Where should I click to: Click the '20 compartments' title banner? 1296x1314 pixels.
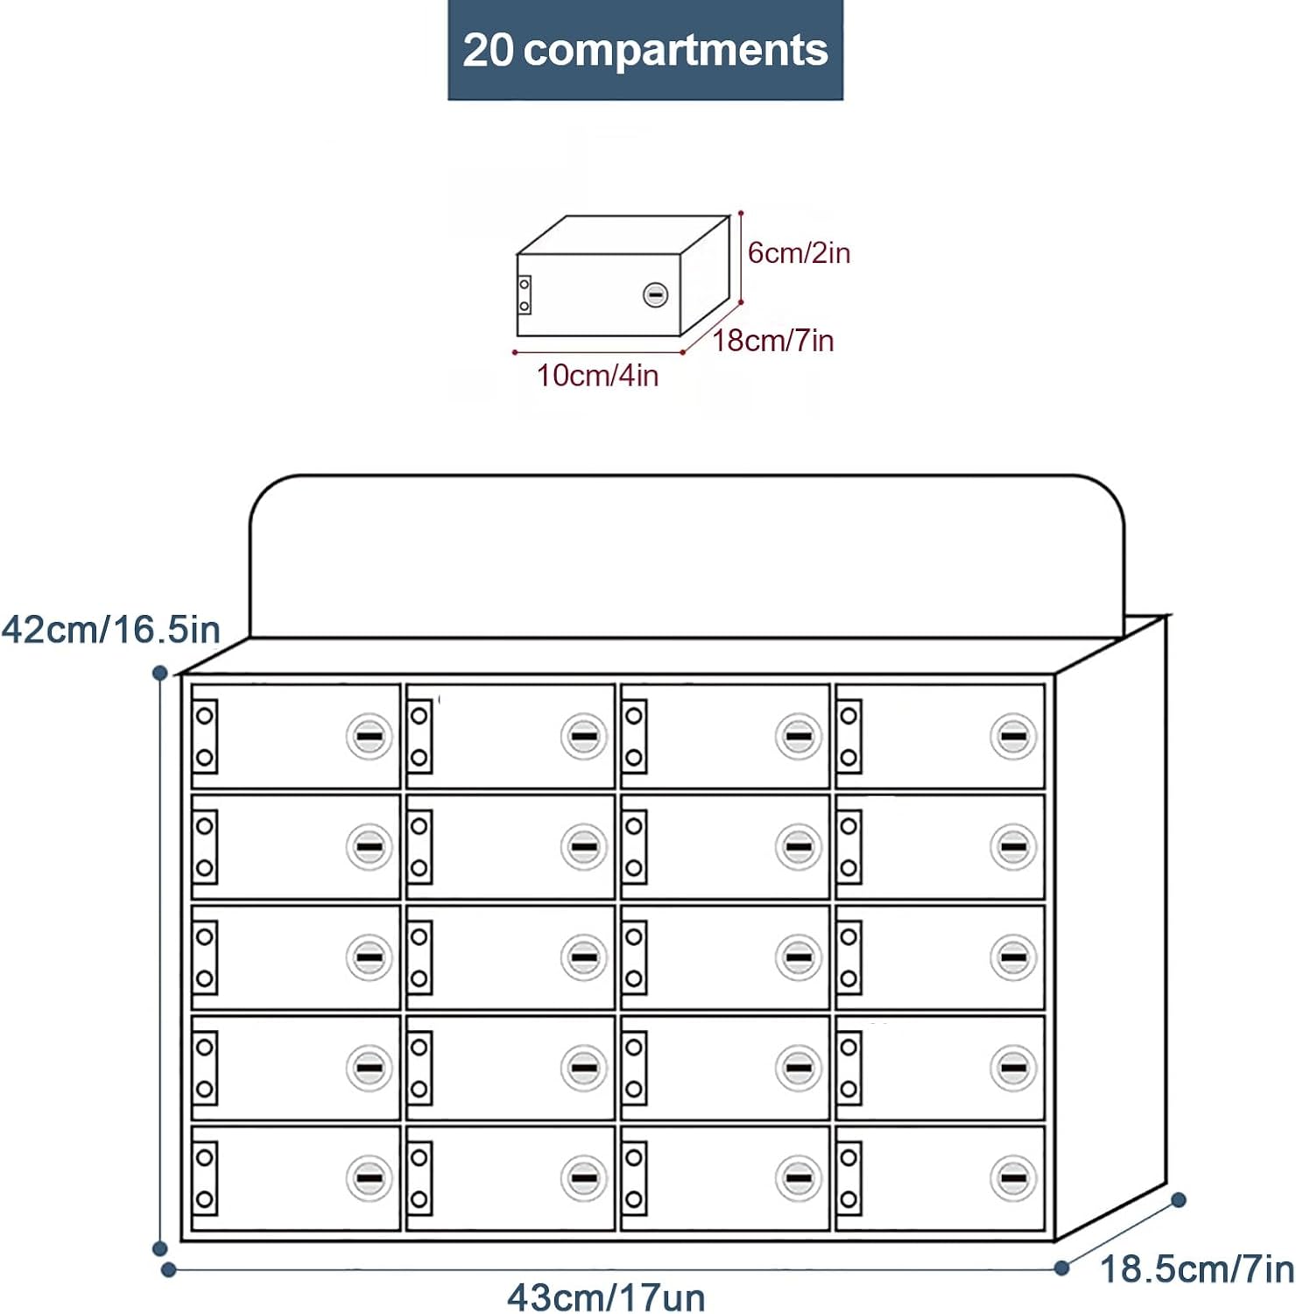(645, 50)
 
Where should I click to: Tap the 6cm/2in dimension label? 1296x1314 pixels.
(799, 253)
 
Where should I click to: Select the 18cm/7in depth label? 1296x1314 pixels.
(772, 340)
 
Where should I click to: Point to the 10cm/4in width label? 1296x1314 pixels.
(597, 375)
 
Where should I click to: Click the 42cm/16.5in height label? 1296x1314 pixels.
(110, 629)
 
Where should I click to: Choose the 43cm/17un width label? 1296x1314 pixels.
(606, 1296)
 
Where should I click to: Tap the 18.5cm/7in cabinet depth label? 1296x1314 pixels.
(1196, 1268)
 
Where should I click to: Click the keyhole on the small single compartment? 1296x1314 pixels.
(655, 295)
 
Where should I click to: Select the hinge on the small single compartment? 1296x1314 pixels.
(525, 295)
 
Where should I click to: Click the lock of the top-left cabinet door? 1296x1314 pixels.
(369, 737)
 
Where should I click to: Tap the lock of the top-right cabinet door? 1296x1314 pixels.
(1013, 737)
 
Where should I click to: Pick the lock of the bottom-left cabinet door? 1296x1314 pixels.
(369, 1178)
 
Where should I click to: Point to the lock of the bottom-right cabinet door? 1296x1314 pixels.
(1013, 1178)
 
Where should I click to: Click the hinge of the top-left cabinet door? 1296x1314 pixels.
(205, 737)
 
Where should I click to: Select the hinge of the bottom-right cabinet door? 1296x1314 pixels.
(849, 1178)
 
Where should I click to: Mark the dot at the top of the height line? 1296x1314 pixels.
(159, 673)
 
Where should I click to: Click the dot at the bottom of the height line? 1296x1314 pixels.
(159, 1248)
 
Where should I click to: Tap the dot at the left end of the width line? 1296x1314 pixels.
(169, 1269)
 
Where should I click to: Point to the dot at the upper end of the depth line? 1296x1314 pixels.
(1179, 1199)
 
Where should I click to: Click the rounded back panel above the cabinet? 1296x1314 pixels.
(687, 556)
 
